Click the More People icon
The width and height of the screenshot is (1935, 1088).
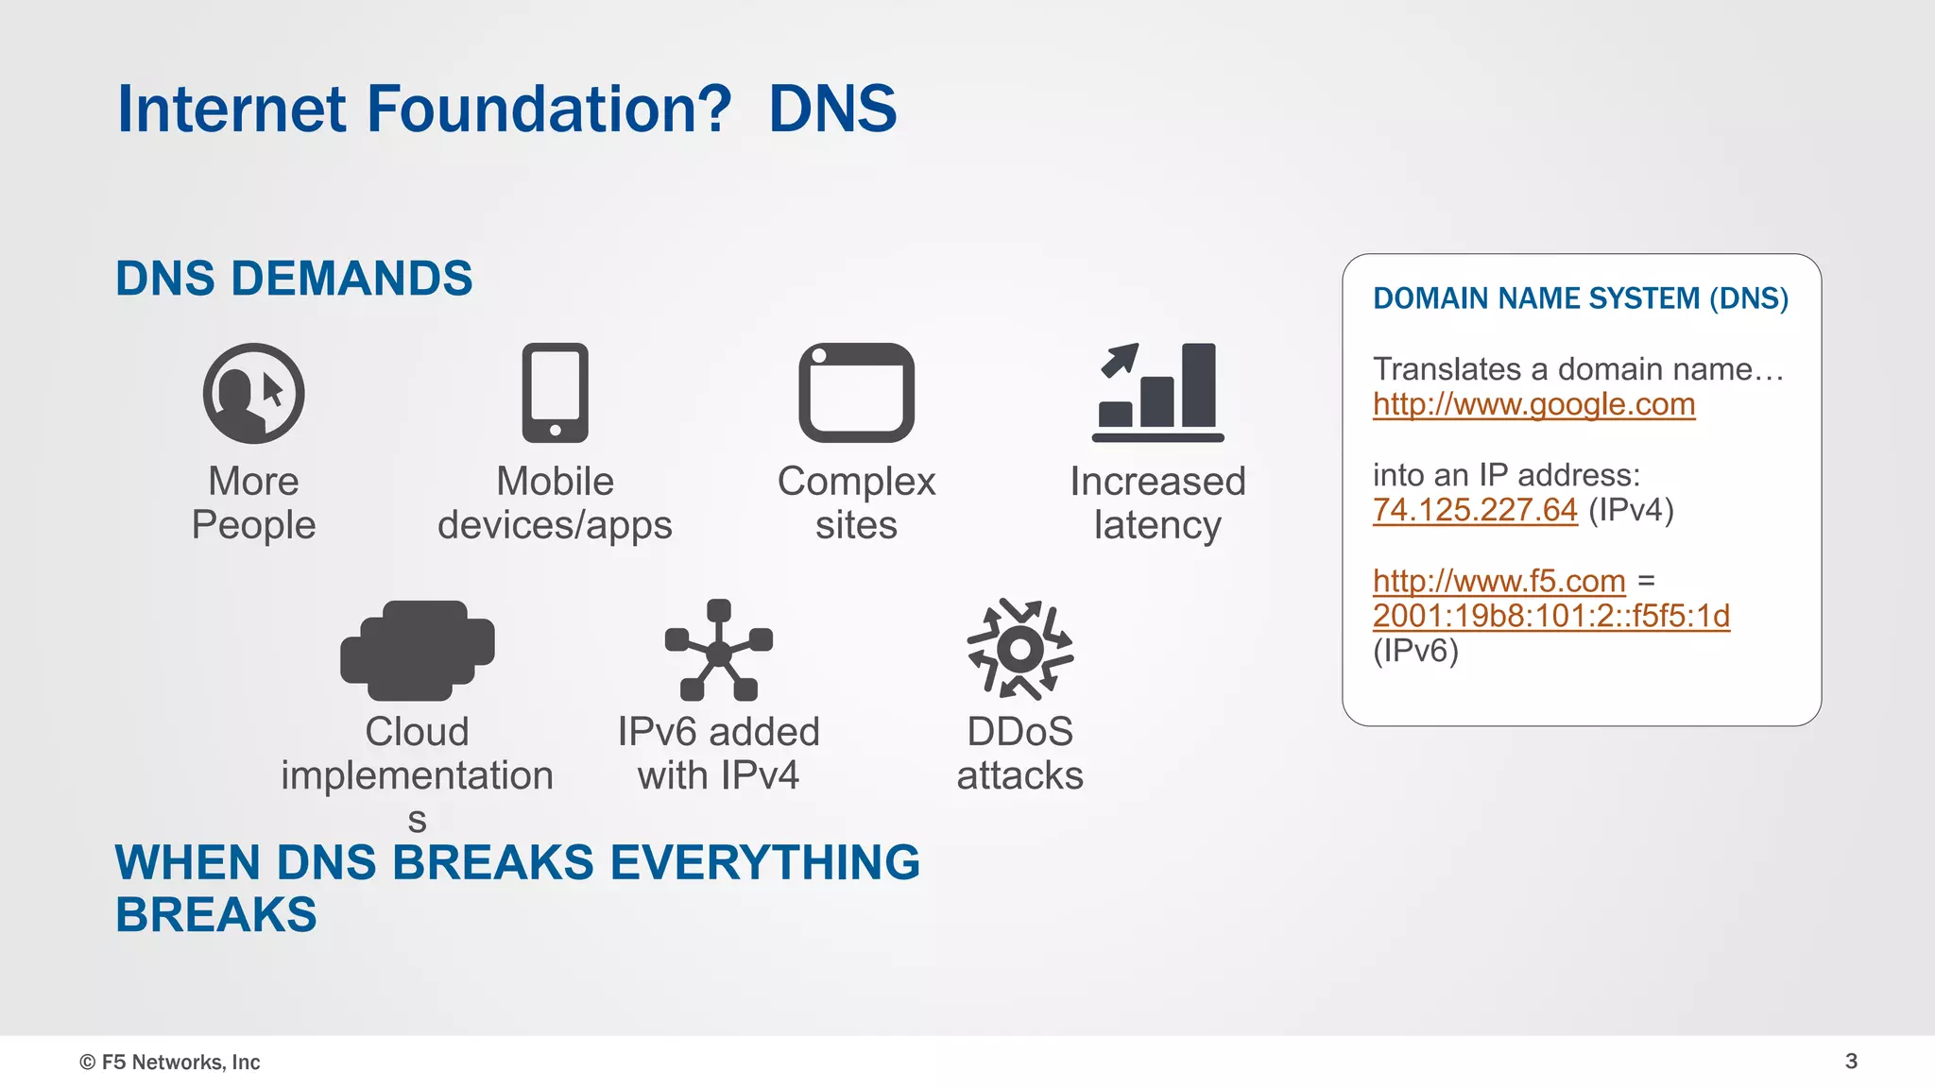(253, 393)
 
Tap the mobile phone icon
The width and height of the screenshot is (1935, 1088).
(555, 393)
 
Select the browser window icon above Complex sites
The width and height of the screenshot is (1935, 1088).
(856, 393)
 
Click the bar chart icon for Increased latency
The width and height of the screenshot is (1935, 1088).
(1157, 393)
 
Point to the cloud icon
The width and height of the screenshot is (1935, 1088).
(417, 650)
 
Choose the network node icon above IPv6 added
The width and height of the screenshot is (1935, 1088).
(718, 650)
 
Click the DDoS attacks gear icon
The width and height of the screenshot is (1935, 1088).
(1019, 650)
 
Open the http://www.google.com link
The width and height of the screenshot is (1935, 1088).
(1533, 404)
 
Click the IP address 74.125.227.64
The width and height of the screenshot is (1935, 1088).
(1474, 510)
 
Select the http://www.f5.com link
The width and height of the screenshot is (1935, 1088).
(1498, 581)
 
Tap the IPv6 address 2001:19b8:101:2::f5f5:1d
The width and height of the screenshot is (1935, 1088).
(1550, 616)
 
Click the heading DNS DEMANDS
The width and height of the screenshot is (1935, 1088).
(294, 279)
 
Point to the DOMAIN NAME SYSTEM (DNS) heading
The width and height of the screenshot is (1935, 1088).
(1580, 298)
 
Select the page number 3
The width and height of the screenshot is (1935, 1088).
(1851, 1061)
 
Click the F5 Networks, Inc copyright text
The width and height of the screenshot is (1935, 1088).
(170, 1062)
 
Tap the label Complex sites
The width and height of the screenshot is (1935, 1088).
(856, 502)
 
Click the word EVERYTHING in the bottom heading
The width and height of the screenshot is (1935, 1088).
(764, 862)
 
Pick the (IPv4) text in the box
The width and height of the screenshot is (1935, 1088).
(1631, 510)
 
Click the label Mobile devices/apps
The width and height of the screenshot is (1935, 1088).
(555, 502)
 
